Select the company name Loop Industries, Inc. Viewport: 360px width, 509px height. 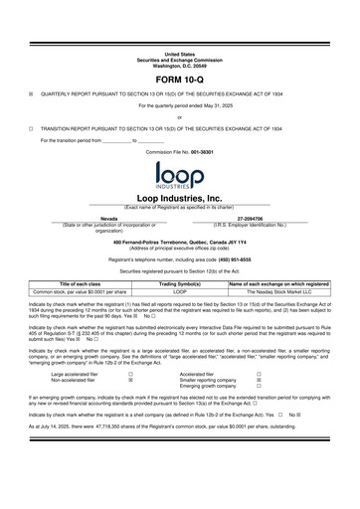coord(180,199)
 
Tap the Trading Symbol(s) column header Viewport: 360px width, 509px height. coord(180,283)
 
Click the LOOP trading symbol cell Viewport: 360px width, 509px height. coord(180,291)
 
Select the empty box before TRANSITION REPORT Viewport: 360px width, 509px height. coord(32,128)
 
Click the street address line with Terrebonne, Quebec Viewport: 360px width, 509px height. coord(180,242)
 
